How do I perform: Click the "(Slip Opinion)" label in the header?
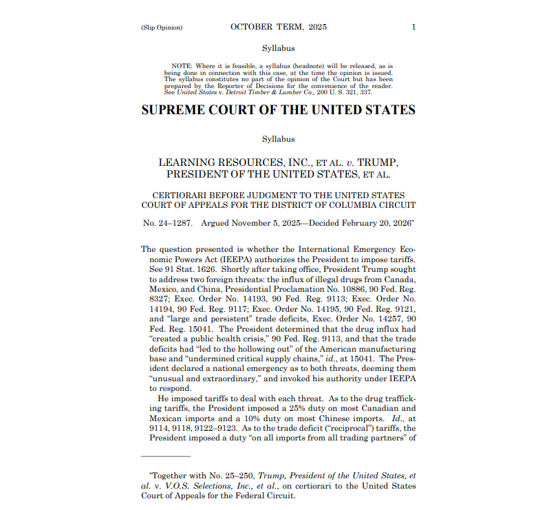162,28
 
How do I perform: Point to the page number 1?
414,28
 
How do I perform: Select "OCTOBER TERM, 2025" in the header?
279,28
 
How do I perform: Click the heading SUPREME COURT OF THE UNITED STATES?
279,110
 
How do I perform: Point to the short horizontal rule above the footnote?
165,456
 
